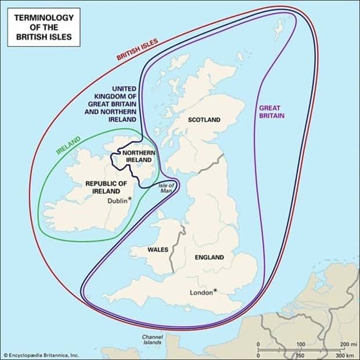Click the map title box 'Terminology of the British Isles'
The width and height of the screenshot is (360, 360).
point(43,26)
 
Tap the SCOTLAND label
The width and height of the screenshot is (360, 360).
point(204,120)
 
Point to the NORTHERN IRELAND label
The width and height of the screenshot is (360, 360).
point(138,157)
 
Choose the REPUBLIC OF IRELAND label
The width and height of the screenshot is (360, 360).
point(106,187)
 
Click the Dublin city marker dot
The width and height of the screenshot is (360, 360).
point(129,199)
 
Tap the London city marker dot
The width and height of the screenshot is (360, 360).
point(215,290)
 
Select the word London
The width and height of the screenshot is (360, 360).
point(201,293)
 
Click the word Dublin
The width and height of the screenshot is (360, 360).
point(117,201)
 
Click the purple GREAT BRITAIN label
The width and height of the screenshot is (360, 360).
point(272,111)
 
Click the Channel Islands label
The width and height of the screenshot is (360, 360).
point(153,340)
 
